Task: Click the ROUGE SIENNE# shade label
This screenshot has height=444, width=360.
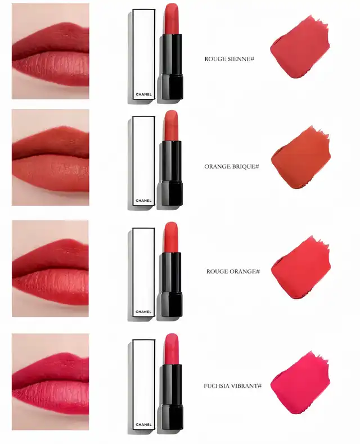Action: (x=229, y=59)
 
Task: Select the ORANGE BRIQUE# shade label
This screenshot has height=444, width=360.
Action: (x=232, y=166)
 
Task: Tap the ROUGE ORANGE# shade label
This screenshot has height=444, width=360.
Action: (x=233, y=271)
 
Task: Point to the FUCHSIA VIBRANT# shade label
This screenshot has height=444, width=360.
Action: (x=232, y=386)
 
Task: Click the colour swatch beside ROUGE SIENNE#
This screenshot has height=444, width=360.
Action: (x=300, y=48)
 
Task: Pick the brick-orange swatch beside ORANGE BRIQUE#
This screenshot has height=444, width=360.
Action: (x=300, y=158)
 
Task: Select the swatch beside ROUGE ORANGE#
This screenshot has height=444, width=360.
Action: (x=300, y=268)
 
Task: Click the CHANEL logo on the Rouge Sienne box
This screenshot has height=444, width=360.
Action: (x=143, y=94)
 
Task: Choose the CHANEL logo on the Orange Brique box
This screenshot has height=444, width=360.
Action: (x=143, y=201)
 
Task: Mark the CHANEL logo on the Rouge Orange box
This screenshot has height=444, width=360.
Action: (x=143, y=312)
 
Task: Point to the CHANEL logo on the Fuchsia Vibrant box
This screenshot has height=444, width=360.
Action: (x=143, y=424)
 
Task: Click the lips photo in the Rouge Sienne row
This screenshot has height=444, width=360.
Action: (x=51, y=51)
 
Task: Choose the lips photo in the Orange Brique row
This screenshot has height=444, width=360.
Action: (x=51, y=157)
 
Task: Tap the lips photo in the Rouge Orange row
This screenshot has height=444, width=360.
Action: (x=50, y=269)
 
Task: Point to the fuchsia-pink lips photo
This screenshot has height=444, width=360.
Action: (x=50, y=382)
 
